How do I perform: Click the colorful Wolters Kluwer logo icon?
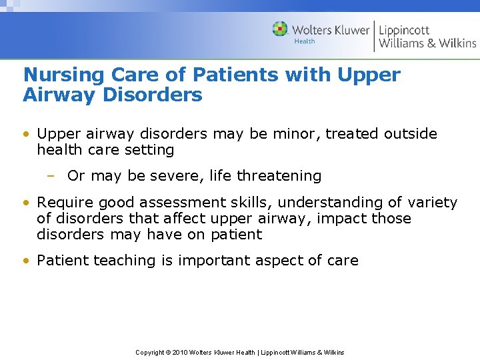tap(280, 29)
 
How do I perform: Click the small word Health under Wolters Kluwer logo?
tap(304, 42)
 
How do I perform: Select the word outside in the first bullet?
tap(411, 134)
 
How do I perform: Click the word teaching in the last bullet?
tap(120, 261)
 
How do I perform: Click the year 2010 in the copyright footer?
tap(181, 352)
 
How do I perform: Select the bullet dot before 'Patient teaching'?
tap(26, 261)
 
